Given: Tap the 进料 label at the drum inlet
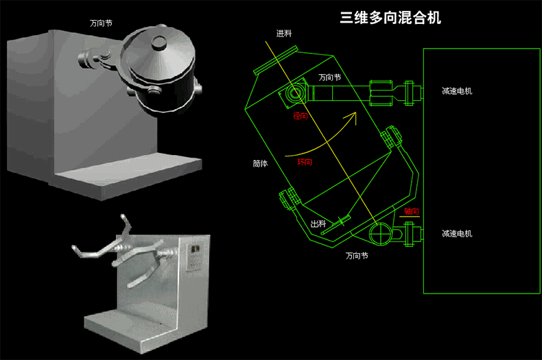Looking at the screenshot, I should point(284,34).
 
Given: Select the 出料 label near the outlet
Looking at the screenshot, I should point(318,224).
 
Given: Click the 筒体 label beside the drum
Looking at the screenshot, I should point(260,164).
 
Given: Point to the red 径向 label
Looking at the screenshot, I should point(301,117).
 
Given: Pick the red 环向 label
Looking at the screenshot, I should point(305,163).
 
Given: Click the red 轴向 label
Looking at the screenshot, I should point(411,211).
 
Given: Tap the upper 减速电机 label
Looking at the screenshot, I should point(457,91).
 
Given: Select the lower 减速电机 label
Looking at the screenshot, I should point(457,234).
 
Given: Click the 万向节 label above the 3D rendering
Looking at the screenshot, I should point(101,23).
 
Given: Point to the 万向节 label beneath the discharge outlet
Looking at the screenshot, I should point(357,256).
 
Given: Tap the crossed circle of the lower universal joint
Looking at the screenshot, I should point(379,235).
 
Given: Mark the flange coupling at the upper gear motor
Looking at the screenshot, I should point(410,93).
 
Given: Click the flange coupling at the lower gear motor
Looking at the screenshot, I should point(411,235).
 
